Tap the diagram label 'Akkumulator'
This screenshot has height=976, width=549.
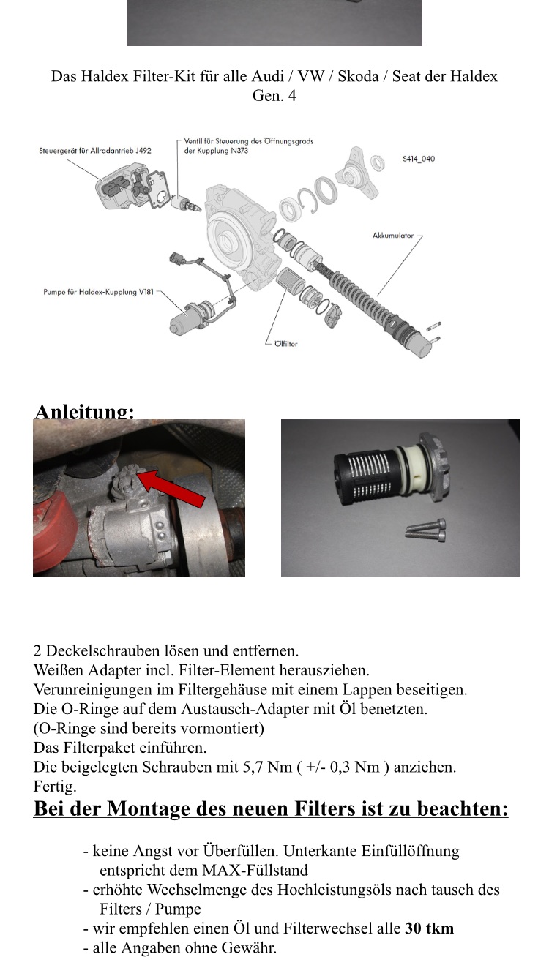(393, 236)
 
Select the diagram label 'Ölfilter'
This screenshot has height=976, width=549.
(285, 343)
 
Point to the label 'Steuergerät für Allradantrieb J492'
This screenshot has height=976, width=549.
(95, 151)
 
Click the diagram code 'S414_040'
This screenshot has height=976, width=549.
(418, 158)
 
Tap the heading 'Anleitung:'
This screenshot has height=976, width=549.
(84, 412)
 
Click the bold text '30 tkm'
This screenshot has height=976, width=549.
(429, 928)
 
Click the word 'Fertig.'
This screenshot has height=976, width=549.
(55, 787)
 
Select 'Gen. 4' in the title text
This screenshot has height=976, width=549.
(274, 96)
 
